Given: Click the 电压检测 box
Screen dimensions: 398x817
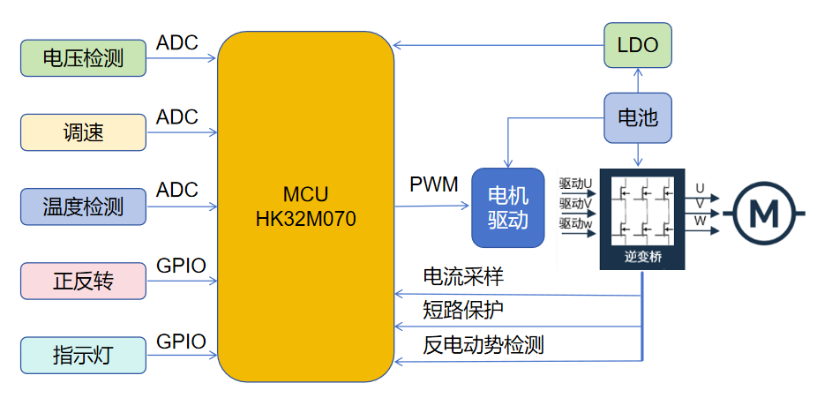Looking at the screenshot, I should [x=83, y=58].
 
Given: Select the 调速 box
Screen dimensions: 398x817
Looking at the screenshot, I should [x=83, y=132].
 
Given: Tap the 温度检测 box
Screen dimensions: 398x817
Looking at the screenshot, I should [x=83, y=207].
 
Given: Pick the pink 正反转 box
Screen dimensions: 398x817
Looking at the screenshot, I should [x=83, y=281].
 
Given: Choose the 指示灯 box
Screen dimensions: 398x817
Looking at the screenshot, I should [x=83, y=355].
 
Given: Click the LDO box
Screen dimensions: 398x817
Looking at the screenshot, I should [x=637, y=44].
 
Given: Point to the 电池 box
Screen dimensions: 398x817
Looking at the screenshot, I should [x=637, y=117].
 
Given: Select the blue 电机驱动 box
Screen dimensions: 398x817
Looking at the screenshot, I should [x=507, y=208].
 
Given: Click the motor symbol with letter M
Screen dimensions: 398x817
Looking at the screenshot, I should [x=765, y=213].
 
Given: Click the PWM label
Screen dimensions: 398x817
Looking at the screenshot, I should [x=434, y=185].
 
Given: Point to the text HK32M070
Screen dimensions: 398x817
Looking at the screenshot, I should [x=306, y=219].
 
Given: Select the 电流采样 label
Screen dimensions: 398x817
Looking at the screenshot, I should [x=463, y=277].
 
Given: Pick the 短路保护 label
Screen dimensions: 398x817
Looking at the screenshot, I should [x=463, y=310].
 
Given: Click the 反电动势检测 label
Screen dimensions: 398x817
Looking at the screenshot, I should [x=483, y=344].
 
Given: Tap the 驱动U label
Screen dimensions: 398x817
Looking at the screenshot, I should [x=575, y=184].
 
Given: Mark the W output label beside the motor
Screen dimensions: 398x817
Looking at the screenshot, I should [x=701, y=221].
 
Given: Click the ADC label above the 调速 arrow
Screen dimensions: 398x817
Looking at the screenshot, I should [x=177, y=117].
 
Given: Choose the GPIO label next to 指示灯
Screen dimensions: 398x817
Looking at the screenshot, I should [x=181, y=341].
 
